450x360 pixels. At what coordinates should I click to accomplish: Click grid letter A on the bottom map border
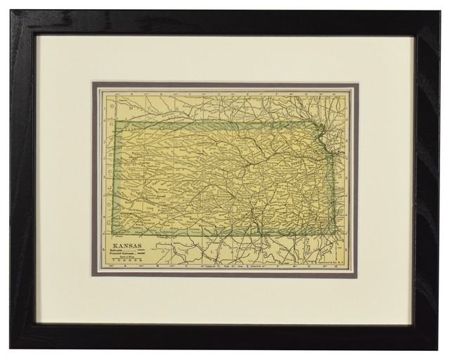124,268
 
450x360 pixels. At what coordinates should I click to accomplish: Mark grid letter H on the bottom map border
336,268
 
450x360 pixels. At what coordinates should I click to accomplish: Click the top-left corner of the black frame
11,11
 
